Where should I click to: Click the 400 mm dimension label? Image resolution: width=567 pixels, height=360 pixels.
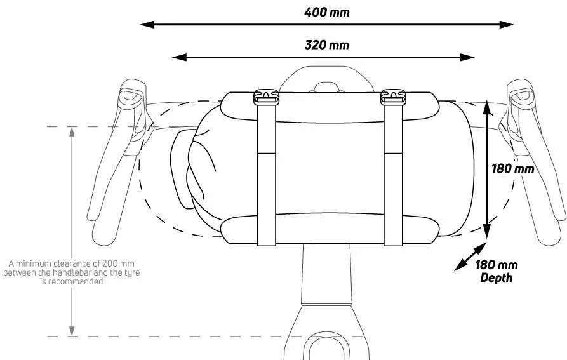pyautogui.click(x=327, y=12)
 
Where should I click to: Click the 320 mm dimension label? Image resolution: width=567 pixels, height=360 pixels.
pyautogui.click(x=327, y=45)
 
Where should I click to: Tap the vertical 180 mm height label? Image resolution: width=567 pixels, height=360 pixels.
pyautogui.click(x=513, y=168)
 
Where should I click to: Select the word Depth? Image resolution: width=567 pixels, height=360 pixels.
pyautogui.click(x=497, y=277)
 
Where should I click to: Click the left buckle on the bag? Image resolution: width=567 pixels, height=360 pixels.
pyautogui.click(x=266, y=97)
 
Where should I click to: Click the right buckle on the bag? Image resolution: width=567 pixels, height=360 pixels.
pyautogui.click(x=393, y=97)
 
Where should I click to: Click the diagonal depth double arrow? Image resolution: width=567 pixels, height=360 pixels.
pyautogui.click(x=470, y=257)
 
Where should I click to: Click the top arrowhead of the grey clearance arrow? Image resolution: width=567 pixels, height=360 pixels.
pyautogui.click(x=72, y=132)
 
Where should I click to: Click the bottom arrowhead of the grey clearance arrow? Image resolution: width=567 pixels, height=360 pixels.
pyautogui.click(x=72, y=331)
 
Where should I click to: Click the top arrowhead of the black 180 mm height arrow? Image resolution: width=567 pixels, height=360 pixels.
pyautogui.click(x=488, y=108)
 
